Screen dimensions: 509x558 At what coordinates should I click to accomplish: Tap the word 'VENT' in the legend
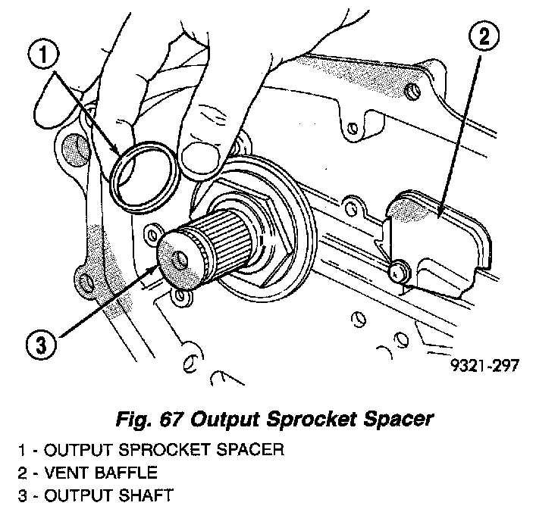pyautogui.click(x=67, y=473)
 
